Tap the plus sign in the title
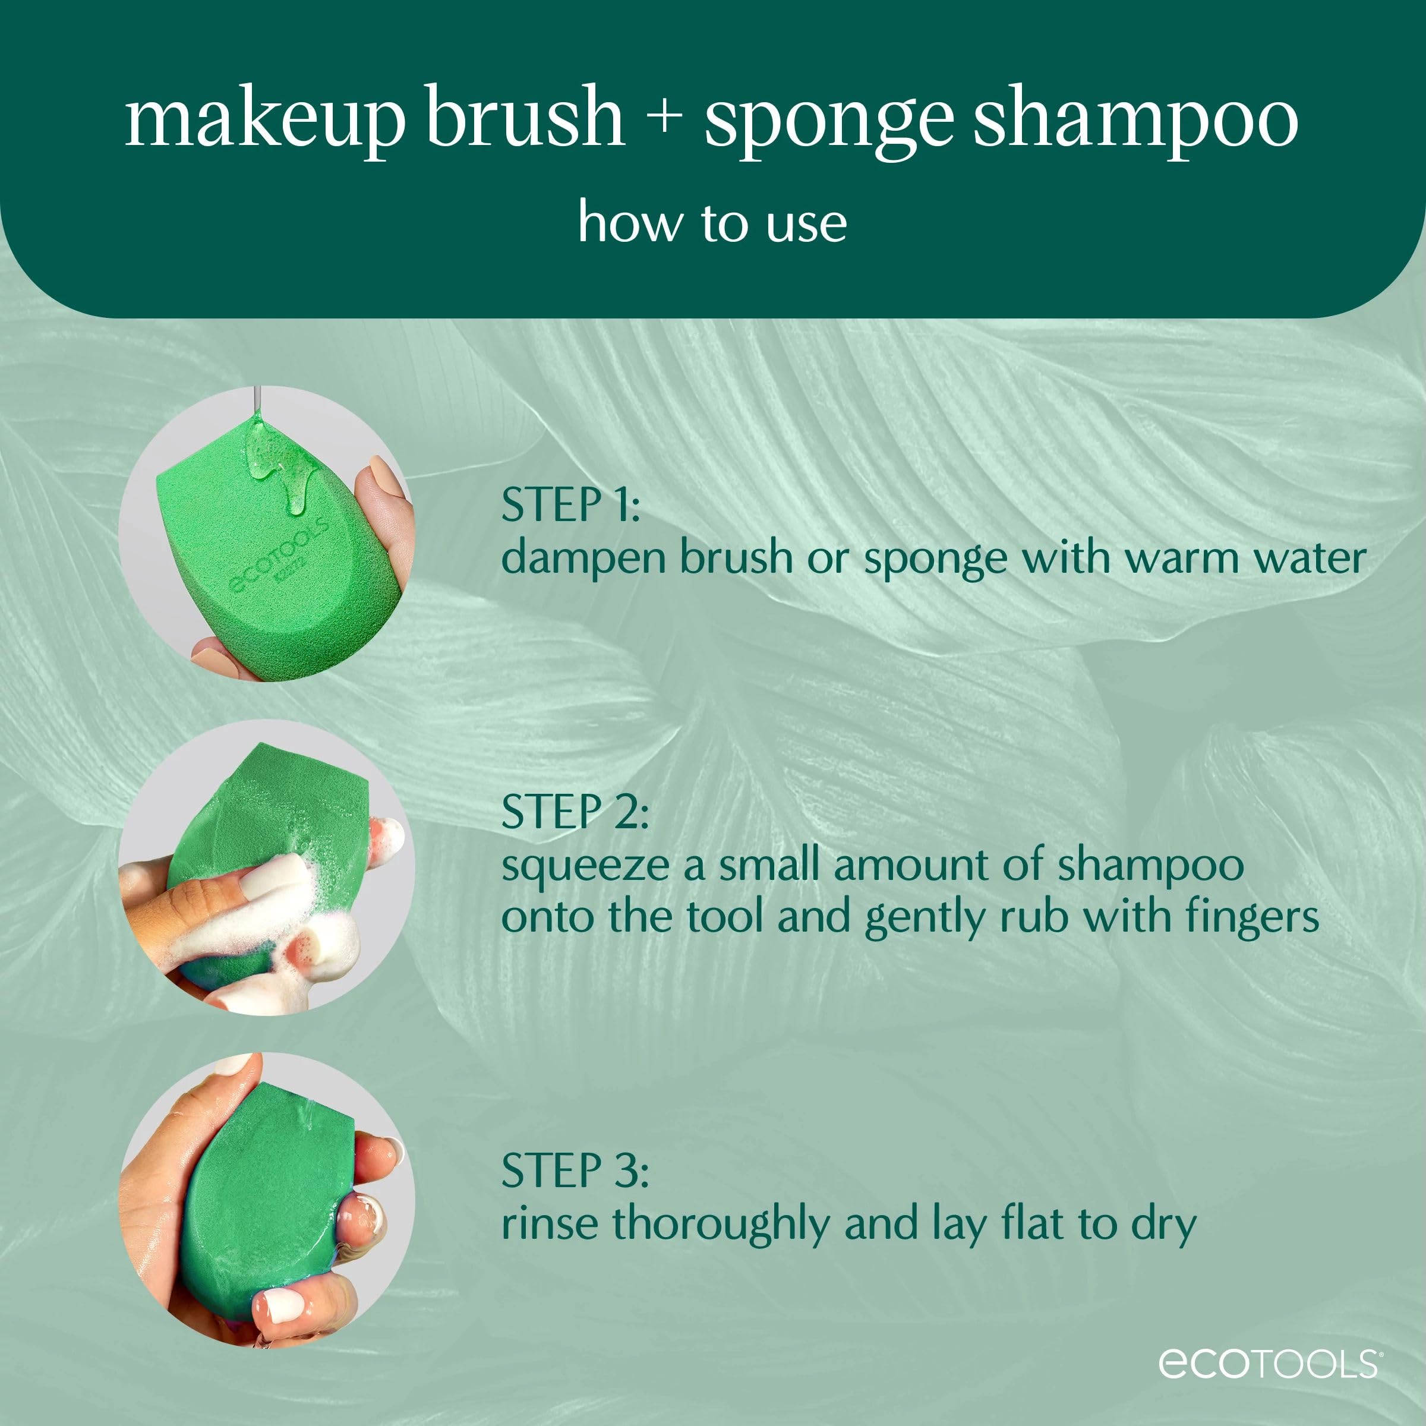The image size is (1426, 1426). (665, 118)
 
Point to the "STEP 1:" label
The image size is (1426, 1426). (570, 506)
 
